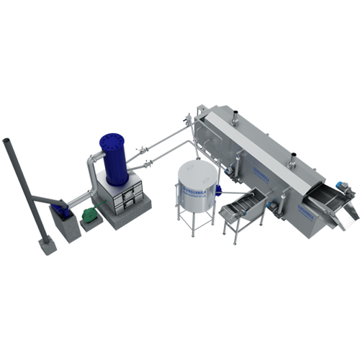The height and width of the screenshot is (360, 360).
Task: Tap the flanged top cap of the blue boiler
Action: [114, 138]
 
